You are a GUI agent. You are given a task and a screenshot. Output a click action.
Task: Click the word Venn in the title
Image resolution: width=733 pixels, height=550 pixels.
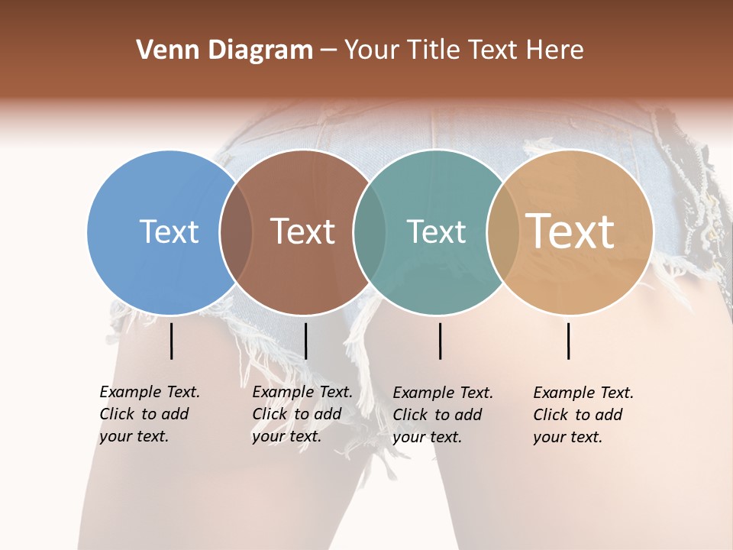tap(164, 50)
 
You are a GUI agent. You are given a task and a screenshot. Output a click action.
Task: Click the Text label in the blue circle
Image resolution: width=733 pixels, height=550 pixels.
tap(169, 231)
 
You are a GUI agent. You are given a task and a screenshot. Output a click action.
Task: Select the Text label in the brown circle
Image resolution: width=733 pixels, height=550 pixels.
tap(302, 231)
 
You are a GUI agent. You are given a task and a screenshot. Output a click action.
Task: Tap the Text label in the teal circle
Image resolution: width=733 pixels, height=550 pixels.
tap(436, 231)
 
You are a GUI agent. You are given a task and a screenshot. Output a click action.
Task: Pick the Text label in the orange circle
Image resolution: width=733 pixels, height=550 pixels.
tap(570, 231)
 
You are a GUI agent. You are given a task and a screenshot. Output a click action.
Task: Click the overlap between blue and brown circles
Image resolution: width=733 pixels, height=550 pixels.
tap(237, 231)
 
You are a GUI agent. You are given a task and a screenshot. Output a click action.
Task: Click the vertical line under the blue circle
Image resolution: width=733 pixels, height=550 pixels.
tap(172, 341)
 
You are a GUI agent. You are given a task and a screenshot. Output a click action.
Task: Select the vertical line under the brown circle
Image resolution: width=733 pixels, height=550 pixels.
tap(305, 341)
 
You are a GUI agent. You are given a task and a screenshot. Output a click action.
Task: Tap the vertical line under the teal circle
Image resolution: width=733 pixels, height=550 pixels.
tap(440, 341)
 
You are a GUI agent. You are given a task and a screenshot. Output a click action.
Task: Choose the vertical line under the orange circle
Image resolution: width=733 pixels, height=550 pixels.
tap(569, 341)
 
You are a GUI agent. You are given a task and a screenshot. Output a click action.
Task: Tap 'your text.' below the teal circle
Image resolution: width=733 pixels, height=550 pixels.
tap(427, 437)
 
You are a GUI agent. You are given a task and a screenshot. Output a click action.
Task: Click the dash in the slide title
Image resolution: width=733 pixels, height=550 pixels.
tap(328, 51)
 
